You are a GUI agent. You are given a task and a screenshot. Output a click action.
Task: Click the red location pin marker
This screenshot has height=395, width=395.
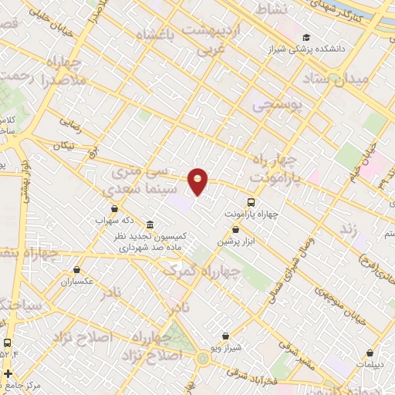[198, 181]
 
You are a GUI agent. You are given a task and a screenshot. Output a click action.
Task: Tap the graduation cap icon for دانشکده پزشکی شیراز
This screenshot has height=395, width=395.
[306, 37]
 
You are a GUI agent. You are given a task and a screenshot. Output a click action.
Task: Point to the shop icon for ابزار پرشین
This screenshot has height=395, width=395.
[235, 229]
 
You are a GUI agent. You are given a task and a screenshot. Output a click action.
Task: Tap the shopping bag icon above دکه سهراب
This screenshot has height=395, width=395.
[115, 208]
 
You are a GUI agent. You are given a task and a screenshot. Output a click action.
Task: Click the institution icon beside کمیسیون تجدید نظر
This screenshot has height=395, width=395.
[149, 225]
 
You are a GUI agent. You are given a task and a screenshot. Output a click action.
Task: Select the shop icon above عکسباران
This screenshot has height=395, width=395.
[77, 269]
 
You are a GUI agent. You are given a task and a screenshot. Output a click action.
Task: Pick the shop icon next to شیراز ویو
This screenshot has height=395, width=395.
[225, 336]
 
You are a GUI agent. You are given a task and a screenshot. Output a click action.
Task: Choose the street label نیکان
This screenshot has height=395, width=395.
[66, 146]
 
